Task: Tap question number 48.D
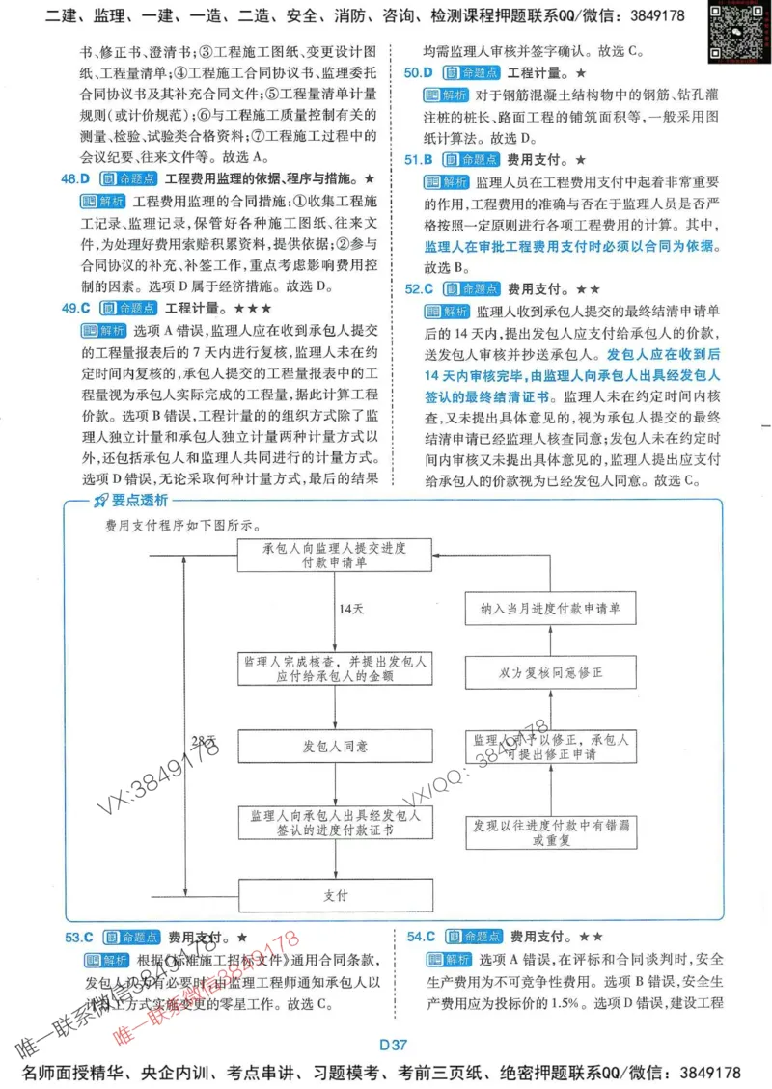click(x=75, y=178)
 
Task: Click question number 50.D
click(x=419, y=73)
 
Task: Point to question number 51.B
click(x=419, y=159)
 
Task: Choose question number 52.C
click(x=419, y=288)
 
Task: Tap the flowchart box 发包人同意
click(x=335, y=747)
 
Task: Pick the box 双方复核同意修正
click(x=550, y=671)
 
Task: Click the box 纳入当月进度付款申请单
click(x=550, y=610)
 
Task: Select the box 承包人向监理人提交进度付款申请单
click(x=335, y=555)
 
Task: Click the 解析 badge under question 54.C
click(x=447, y=959)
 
